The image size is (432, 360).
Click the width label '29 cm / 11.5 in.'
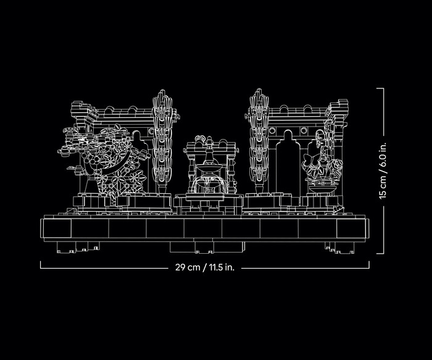click(205, 268)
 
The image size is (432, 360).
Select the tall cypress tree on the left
click(164, 139)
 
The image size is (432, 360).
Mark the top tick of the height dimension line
click(380, 88)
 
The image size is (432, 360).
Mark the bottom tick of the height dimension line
click(380, 252)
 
